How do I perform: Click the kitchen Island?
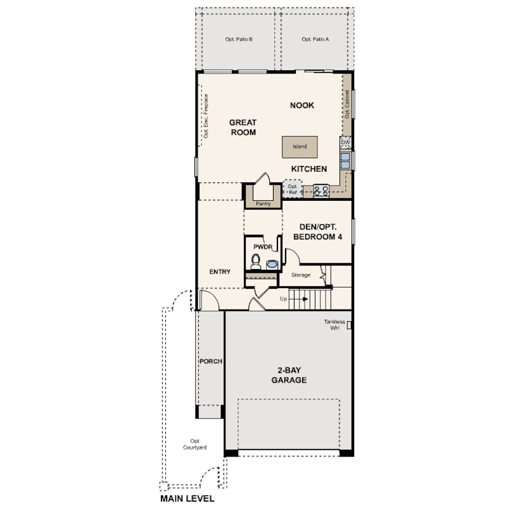(x=300, y=147)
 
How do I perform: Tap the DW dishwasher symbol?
(x=346, y=142)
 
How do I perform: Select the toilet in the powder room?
(x=256, y=262)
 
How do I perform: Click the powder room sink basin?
(x=272, y=264)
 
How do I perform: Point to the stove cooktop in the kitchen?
(x=321, y=191)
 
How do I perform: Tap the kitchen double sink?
(x=345, y=161)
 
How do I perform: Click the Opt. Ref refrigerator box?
(x=293, y=189)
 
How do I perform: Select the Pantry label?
(x=263, y=203)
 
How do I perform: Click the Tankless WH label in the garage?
(x=334, y=325)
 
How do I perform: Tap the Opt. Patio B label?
(x=239, y=39)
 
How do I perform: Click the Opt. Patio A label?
(x=315, y=39)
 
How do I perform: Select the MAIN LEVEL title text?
(x=187, y=498)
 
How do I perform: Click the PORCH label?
(x=211, y=361)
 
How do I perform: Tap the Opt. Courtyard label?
(x=195, y=445)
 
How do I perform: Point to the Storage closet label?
(x=301, y=275)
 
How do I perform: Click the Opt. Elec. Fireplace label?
(x=206, y=116)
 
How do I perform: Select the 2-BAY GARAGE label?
(x=289, y=375)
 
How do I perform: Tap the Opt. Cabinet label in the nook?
(x=347, y=104)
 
